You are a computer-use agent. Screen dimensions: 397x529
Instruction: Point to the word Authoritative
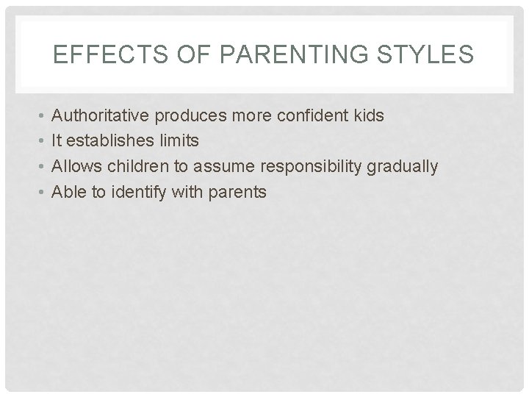click(99, 116)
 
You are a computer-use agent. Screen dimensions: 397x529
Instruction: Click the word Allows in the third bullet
click(76, 167)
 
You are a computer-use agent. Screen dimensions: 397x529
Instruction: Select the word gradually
click(401, 167)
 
